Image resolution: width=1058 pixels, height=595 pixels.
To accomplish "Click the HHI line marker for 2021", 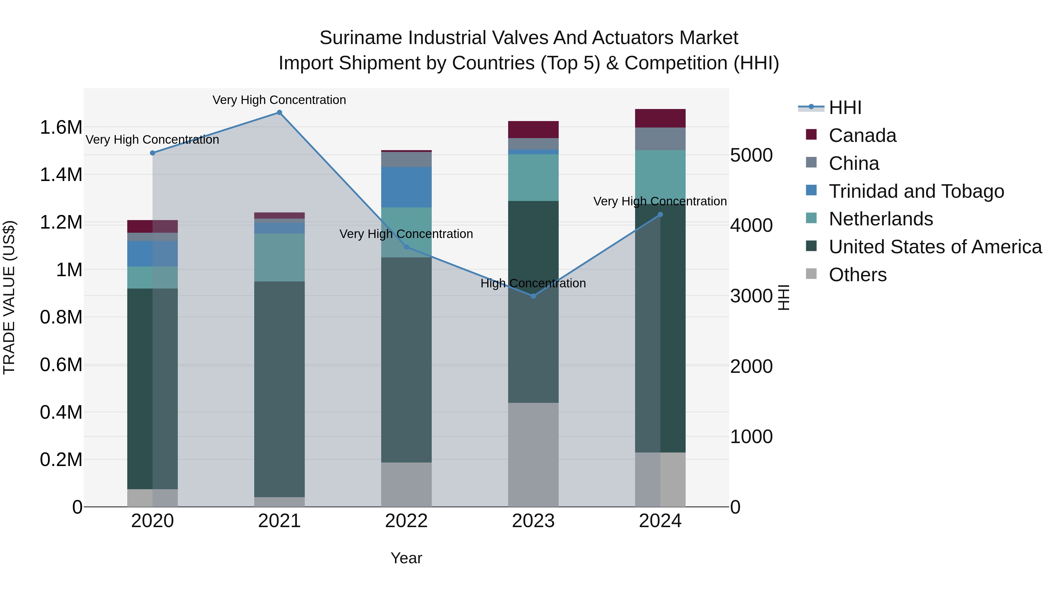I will click(x=279, y=113).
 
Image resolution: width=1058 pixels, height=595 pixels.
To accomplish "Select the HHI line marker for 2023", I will click(x=533, y=296).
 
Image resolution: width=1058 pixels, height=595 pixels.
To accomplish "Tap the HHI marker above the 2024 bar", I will click(x=660, y=214).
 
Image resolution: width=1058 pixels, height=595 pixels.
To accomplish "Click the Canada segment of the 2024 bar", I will click(x=660, y=118).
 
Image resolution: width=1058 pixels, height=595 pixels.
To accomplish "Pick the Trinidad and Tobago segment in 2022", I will click(x=406, y=187).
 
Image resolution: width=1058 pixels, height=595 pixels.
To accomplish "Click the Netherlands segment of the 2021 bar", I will click(x=279, y=257).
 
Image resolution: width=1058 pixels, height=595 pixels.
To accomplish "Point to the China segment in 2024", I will click(x=660, y=139).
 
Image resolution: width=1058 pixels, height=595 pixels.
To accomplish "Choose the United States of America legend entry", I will click(x=935, y=247).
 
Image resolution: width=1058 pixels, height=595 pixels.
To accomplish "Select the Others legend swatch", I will click(x=811, y=274).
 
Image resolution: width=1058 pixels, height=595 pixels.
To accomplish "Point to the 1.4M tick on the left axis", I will click(x=61, y=175).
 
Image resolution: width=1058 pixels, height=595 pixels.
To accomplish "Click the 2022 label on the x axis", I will click(x=406, y=521).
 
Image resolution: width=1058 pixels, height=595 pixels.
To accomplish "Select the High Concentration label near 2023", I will click(x=533, y=283).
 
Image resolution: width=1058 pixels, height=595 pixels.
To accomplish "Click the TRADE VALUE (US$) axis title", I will click(x=9, y=297).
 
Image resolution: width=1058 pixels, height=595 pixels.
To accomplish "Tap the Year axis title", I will click(x=406, y=558).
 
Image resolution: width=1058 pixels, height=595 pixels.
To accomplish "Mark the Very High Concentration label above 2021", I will click(x=279, y=100).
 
